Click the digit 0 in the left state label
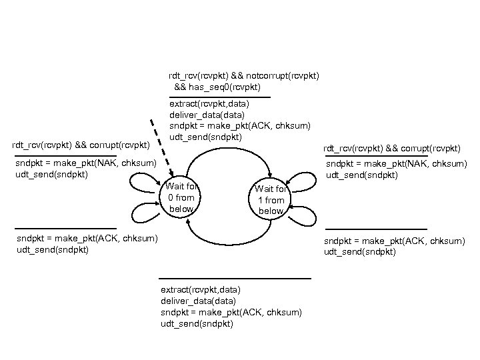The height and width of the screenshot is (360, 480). point(171,198)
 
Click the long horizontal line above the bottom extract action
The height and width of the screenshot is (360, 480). point(235,277)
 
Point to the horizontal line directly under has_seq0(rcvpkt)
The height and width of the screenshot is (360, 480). point(219,97)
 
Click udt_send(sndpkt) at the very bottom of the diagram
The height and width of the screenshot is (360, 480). point(197,324)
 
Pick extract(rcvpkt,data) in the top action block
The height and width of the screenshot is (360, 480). point(209,104)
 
